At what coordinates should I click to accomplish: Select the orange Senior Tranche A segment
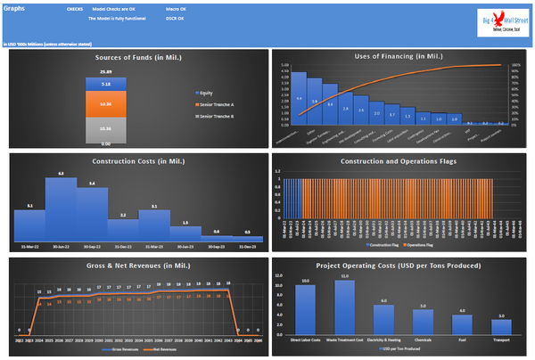tap(105, 104)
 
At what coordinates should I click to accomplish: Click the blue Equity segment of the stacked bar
tap(105, 84)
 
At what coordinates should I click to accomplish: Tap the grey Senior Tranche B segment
tap(105, 129)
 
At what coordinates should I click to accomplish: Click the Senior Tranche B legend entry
tap(214, 115)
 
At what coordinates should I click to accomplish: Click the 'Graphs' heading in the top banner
tap(14, 7)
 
